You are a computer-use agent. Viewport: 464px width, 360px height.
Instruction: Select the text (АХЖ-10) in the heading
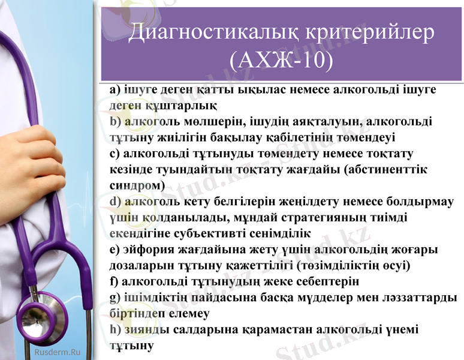(x=282, y=60)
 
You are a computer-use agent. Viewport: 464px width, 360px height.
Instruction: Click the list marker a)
(x=115, y=89)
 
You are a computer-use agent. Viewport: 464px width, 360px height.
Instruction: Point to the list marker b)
(x=115, y=122)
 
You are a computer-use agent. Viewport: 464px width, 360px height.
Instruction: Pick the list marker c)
(x=115, y=154)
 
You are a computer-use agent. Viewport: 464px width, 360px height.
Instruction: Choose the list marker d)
(x=115, y=202)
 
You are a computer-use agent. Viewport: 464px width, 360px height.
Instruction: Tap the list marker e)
(x=115, y=249)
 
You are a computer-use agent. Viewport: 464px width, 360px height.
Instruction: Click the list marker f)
(x=114, y=281)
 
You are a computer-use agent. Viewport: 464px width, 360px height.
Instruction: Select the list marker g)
(x=115, y=297)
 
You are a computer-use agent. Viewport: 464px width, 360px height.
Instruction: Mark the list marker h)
(x=115, y=329)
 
